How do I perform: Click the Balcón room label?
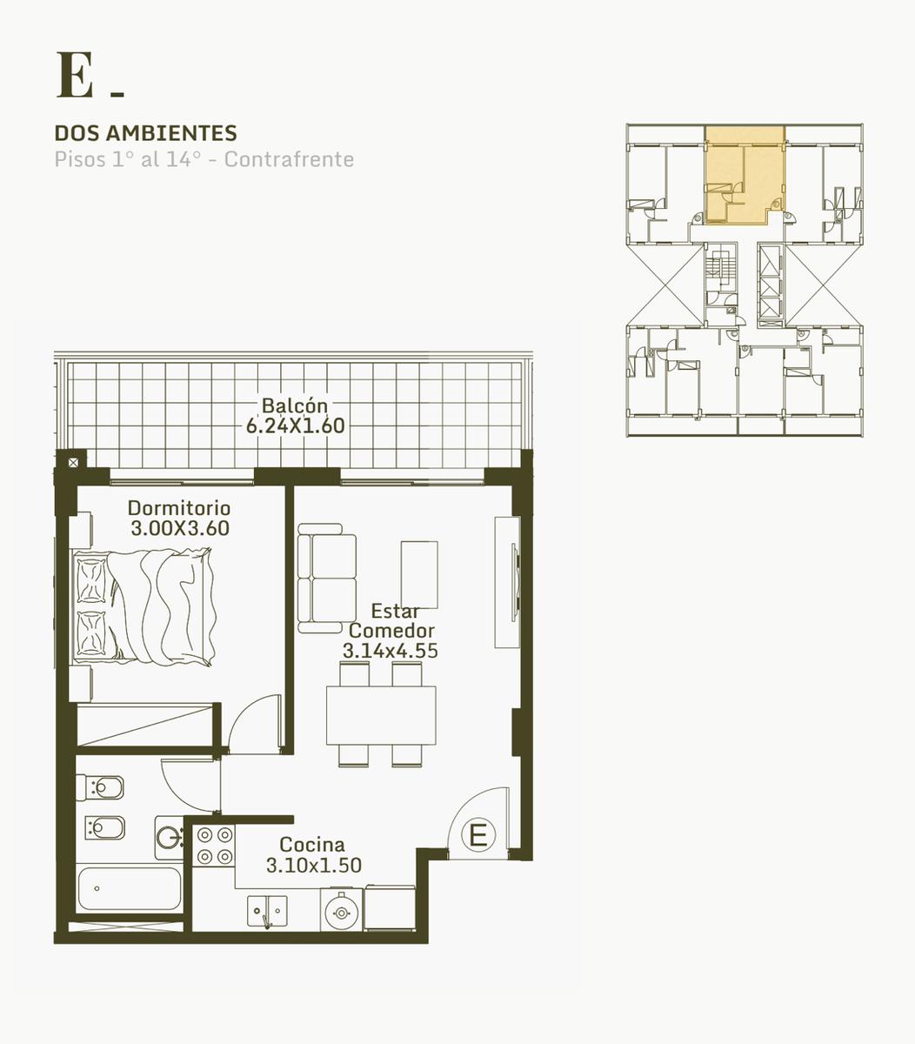pos(295,405)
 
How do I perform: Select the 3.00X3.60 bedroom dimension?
pos(180,528)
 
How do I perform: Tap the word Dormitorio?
pos(179,508)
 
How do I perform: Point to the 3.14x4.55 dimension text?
pos(390,650)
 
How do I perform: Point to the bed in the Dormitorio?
pos(144,607)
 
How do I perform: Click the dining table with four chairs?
pos(381,715)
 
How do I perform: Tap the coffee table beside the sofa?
pos(419,574)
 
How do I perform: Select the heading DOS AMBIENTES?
pos(146,133)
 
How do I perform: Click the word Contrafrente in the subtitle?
pos(289,159)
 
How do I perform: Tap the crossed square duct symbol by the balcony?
pos(74,463)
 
